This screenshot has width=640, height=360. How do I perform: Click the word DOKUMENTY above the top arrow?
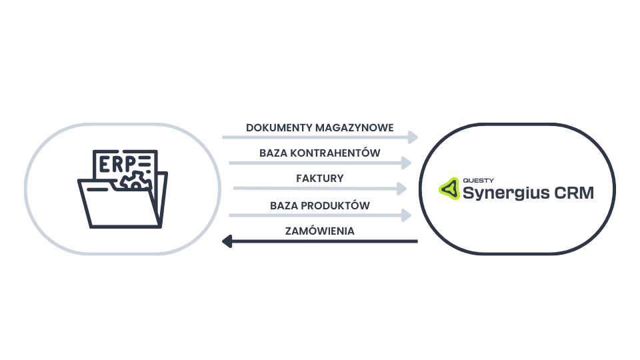pyautogui.click(x=271, y=127)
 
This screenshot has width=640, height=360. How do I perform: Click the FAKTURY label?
pyautogui.click(x=320, y=179)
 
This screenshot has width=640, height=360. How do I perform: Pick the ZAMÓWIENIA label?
pyautogui.click(x=319, y=231)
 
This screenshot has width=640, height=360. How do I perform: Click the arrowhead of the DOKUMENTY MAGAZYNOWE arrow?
pyautogui.click(x=413, y=137)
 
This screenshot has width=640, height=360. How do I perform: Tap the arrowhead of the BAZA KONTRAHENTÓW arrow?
pyautogui.click(x=406, y=163)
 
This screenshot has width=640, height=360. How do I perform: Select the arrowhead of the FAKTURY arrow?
pyautogui.click(x=401, y=189)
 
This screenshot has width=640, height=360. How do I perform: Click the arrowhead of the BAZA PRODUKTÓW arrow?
pyautogui.click(x=406, y=215)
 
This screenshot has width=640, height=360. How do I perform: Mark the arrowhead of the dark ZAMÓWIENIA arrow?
pyautogui.click(x=227, y=241)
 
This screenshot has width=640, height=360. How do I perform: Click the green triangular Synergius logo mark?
pyautogui.click(x=448, y=189)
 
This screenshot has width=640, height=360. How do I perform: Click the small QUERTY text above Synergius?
pyautogui.click(x=475, y=180)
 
